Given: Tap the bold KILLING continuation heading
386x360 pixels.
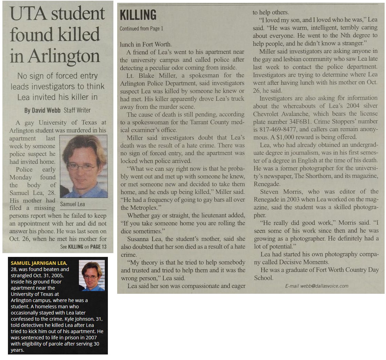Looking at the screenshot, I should (138, 15).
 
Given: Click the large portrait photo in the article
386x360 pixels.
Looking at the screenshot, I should (83, 166).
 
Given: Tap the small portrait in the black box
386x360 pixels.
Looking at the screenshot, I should (92, 276).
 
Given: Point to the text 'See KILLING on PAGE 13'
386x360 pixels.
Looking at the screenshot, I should (83, 247).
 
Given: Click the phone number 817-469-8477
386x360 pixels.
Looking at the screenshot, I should (279, 130).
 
